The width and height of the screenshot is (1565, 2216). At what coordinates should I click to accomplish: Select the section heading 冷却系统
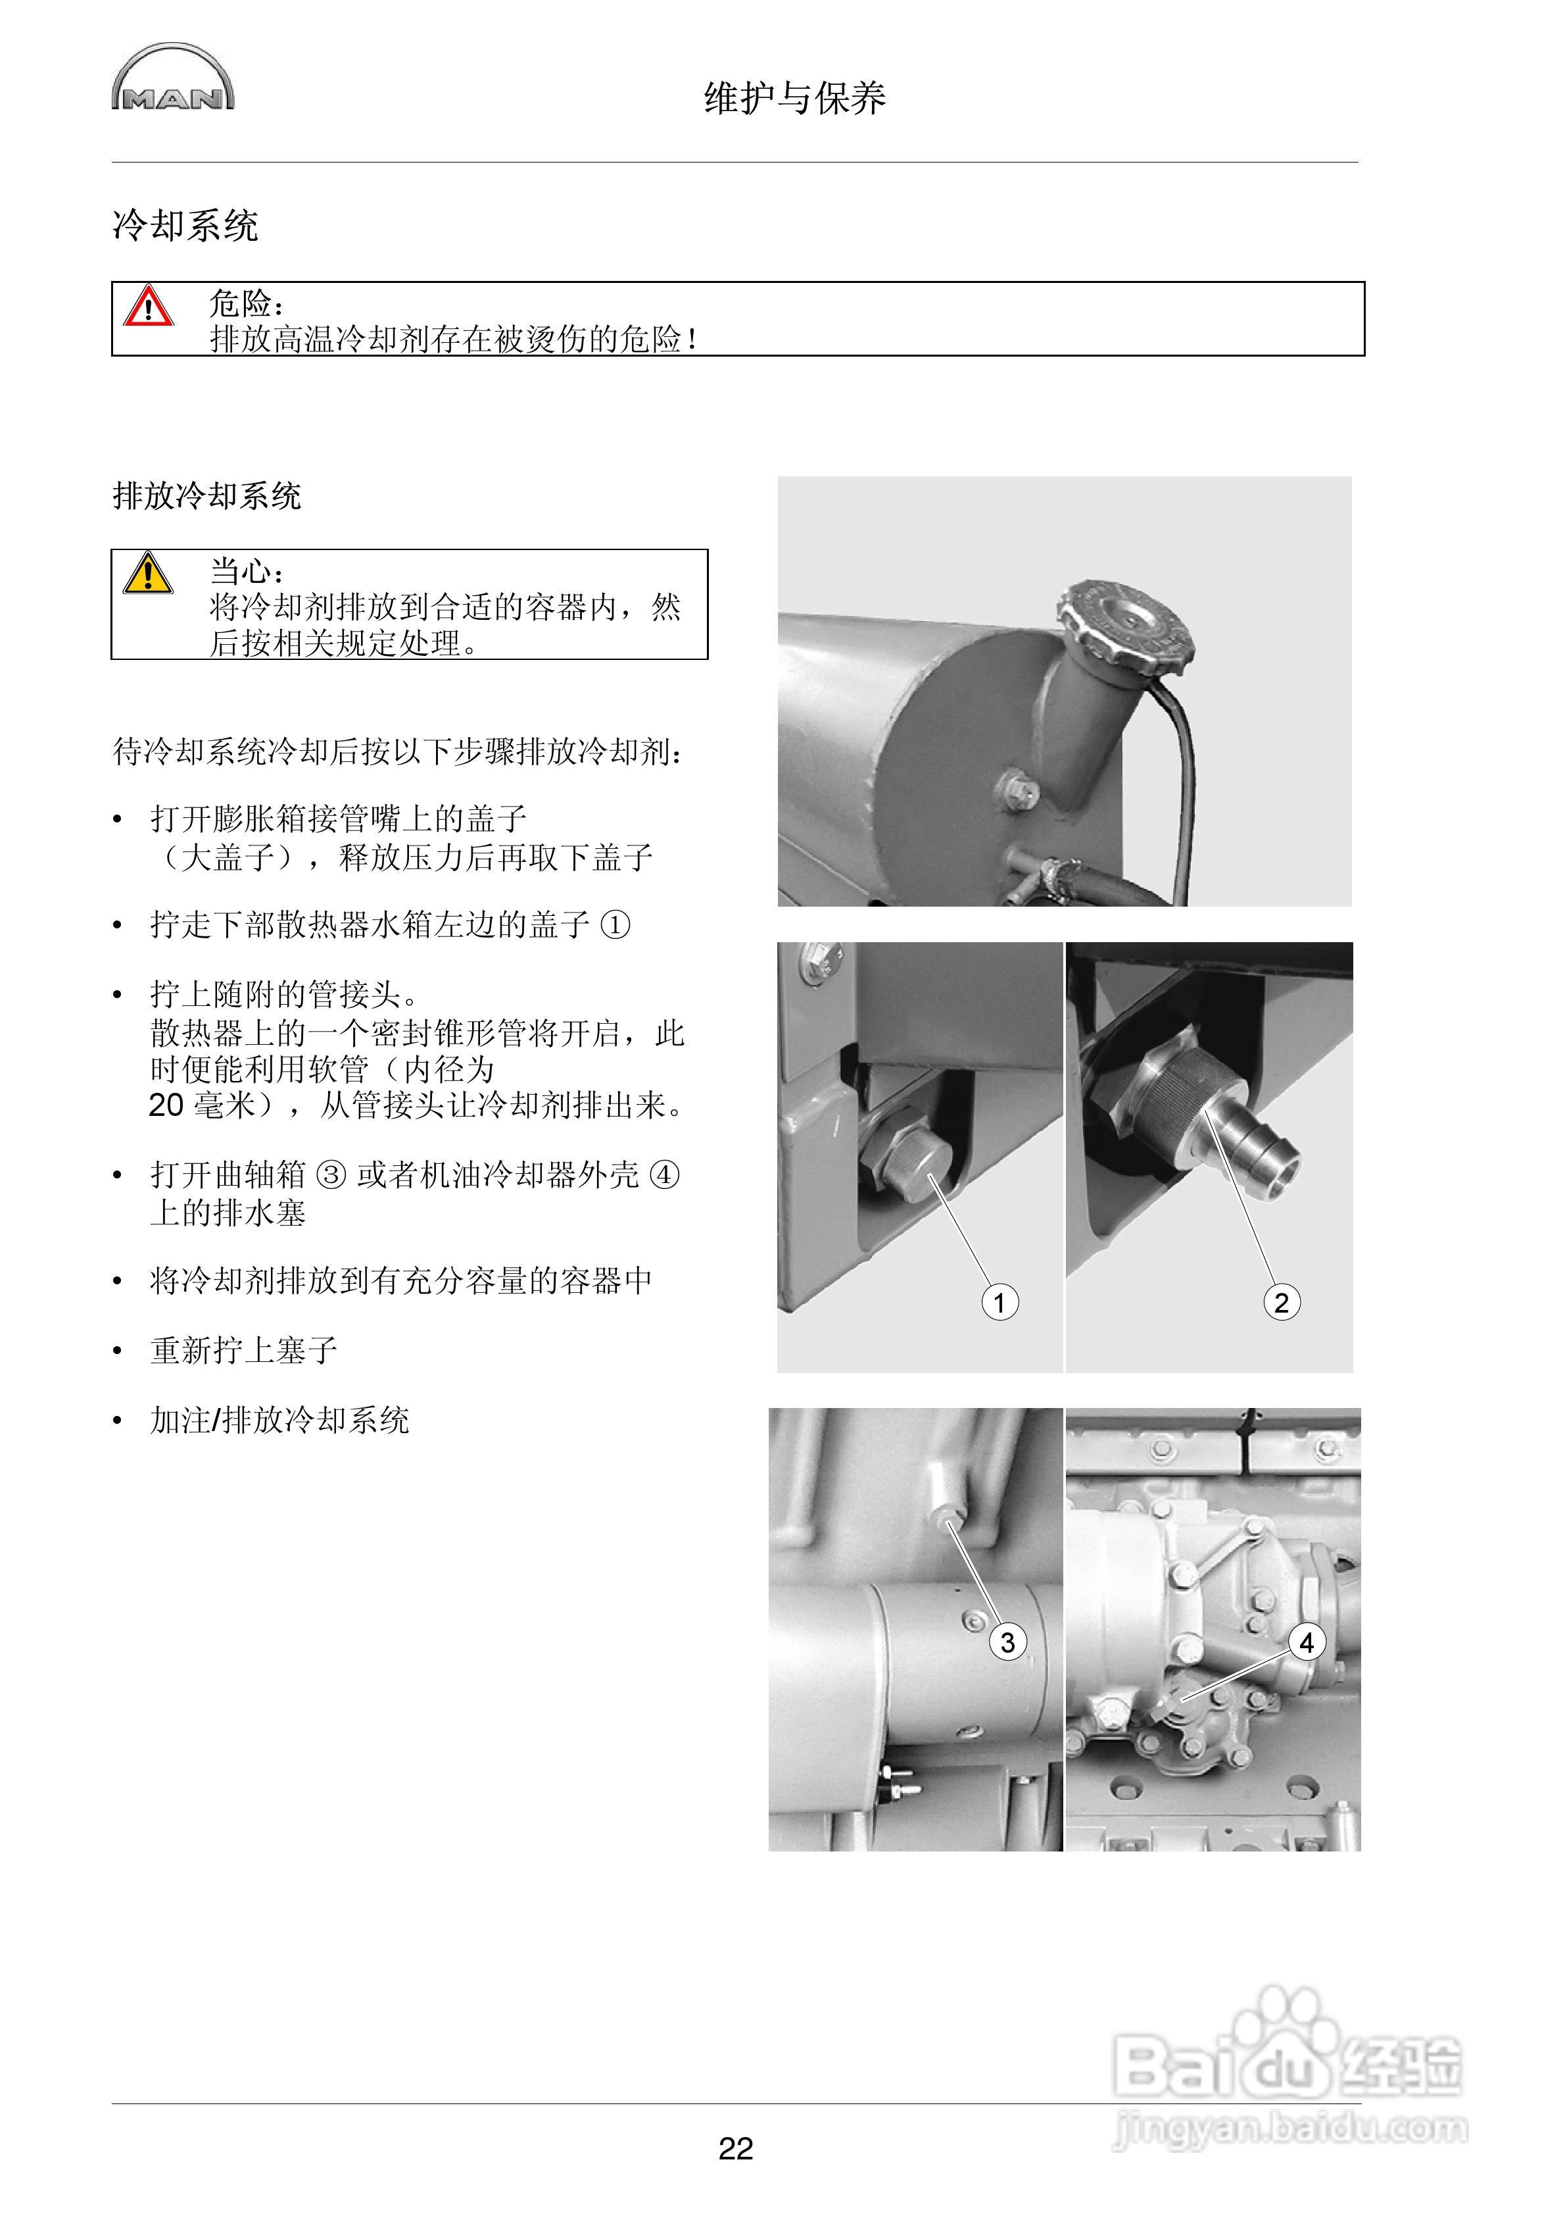tap(185, 226)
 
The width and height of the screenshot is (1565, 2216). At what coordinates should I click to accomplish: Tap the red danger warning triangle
tap(148, 306)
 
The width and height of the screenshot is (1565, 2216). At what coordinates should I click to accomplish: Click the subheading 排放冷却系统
tap(207, 496)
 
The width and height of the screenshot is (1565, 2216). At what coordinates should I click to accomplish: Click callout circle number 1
tap(999, 1303)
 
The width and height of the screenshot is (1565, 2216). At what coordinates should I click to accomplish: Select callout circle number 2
tap(1282, 1303)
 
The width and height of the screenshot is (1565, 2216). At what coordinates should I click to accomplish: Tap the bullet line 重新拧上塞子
tap(243, 1350)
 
